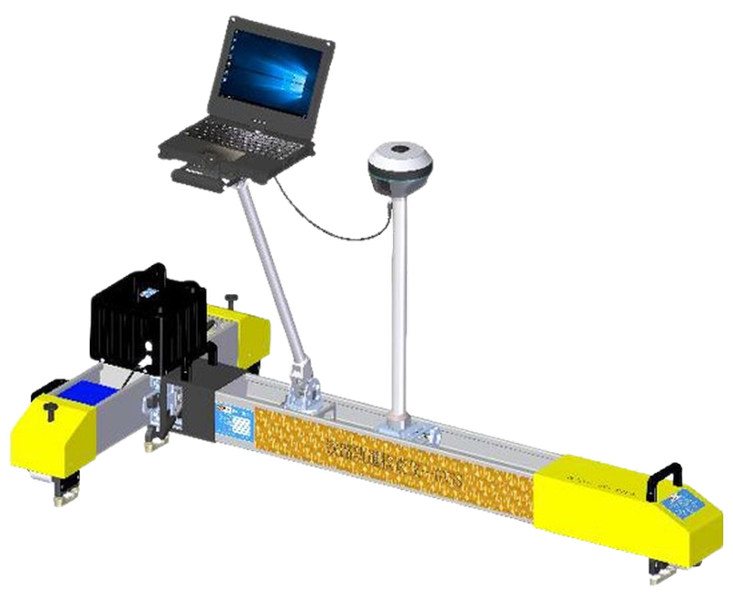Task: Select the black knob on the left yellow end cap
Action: [x=49, y=407]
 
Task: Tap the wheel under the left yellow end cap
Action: [x=63, y=494]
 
